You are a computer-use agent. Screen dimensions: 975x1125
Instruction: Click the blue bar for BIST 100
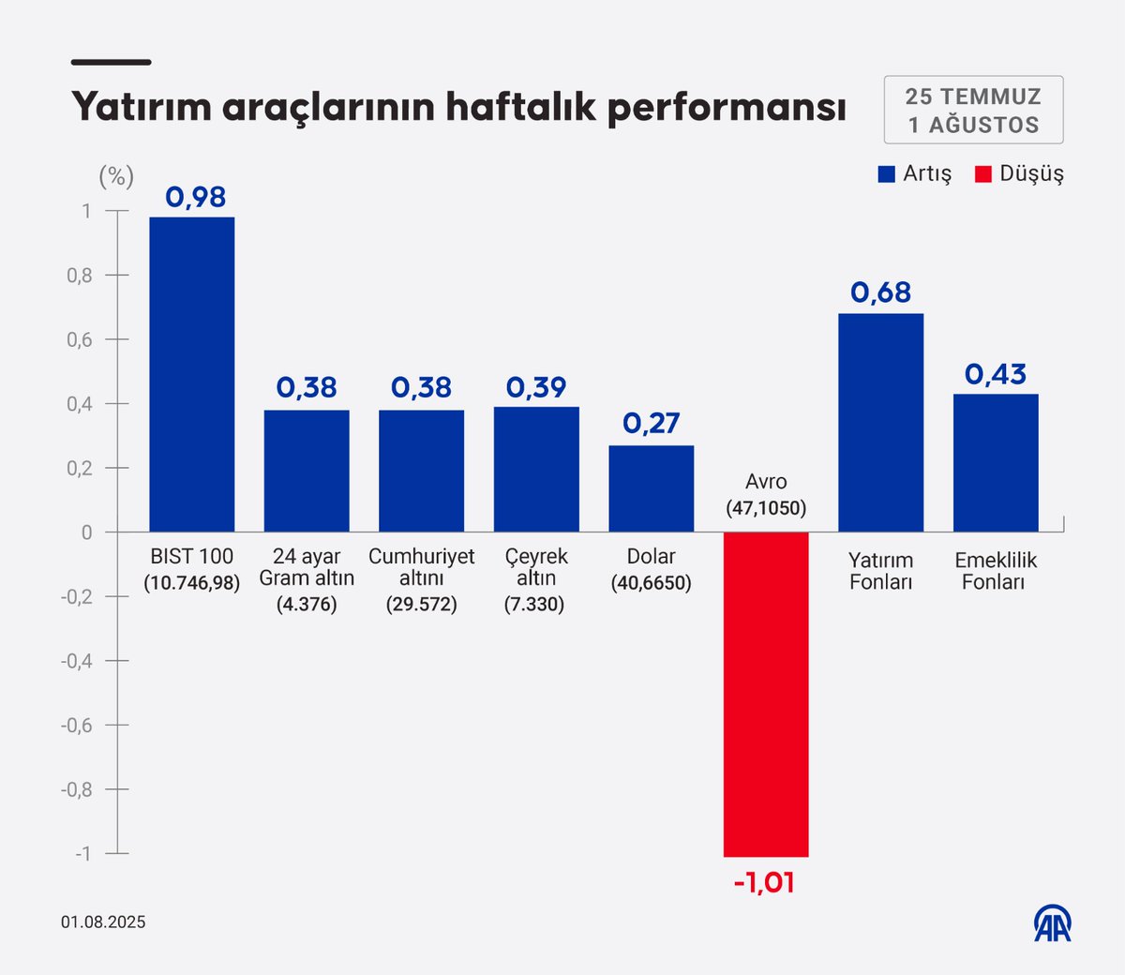[x=192, y=374]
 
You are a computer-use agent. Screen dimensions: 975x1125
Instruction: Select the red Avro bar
[x=766, y=694]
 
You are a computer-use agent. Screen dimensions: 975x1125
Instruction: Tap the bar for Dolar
[x=652, y=488]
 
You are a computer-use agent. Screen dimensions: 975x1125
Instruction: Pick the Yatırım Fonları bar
[x=880, y=423]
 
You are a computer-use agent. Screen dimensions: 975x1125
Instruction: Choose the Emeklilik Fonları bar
[x=996, y=463]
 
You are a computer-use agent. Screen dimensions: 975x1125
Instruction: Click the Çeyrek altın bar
[x=536, y=469]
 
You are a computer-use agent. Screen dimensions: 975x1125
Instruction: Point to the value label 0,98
[x=196, y=197]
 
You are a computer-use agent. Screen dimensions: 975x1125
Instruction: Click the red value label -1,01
[x=764, y=882]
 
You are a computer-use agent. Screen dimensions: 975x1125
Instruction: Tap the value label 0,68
[x=880, y=292]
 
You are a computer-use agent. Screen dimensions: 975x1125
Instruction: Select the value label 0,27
[x=651, y=423]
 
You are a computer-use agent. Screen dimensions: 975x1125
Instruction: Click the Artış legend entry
[x=915, y=174]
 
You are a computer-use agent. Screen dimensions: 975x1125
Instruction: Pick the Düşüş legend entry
[x=1020, y=174]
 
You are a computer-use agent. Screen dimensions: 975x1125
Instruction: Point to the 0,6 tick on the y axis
[x=80, y=339]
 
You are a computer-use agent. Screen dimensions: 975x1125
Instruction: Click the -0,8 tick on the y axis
[x=77, y=789]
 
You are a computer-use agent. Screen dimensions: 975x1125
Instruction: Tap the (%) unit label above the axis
[x=116, y=175]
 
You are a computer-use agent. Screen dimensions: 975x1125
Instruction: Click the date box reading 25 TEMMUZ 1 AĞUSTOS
[x=973, y=110]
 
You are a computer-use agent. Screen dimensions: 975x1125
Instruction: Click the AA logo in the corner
[x=1053, y=923]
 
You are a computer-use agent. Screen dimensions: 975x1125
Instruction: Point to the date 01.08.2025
[x=103, y=922]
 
